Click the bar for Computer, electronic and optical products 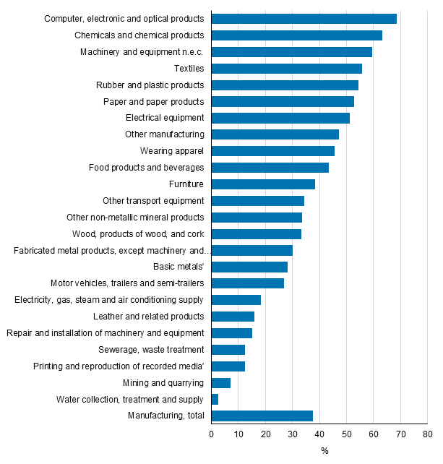coord(304,19)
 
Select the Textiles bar coord(286,69)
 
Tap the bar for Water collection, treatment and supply coord(215,399)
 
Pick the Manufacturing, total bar coord(262,416)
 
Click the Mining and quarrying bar coord(220,382)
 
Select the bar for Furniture coord(263,184)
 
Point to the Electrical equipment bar coord(280,118)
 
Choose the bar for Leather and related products coord(233,317)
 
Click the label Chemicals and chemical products coord(139,35)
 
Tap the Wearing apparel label coord(172,151)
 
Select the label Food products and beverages coord(146,168)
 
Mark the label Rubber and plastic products coord(150,85)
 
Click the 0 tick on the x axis coord(212,434)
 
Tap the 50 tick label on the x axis coord(346,434)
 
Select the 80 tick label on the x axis coord(427,434)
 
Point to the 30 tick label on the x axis coord(292,434)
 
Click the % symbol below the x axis coord(324,452)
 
